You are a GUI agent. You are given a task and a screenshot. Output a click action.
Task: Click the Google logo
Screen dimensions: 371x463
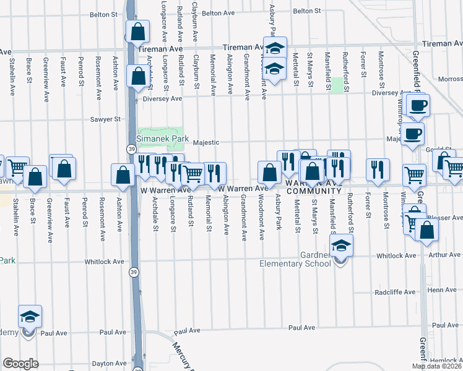(20, 364)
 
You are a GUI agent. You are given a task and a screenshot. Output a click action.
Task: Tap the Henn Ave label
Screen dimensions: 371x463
(442, 289)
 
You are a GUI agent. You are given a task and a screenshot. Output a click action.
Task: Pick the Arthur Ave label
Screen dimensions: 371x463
(446, 255)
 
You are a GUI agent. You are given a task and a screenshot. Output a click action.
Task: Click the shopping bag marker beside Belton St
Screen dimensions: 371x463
(137, 30)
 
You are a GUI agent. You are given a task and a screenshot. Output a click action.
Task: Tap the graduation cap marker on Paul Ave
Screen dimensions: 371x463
(30, 317)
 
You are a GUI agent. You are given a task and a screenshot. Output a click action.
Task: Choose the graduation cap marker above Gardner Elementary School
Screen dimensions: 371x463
(341, 245)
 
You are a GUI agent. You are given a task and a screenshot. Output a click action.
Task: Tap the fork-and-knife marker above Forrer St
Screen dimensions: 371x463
(378, 169)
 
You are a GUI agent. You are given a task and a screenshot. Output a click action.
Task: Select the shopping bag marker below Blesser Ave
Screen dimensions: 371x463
(426, 230)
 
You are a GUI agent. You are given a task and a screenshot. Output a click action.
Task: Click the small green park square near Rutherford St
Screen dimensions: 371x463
(337, 85)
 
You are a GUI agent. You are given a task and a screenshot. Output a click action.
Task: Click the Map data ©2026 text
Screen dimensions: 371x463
(437, 366)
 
